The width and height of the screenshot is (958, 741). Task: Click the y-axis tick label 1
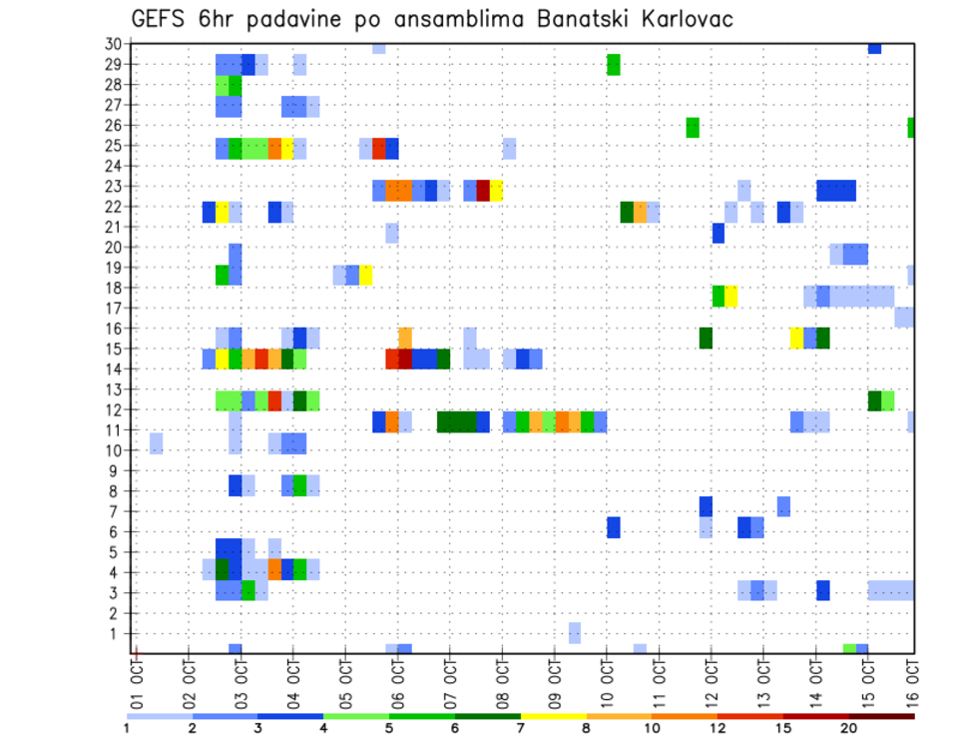click(x=117, y=633)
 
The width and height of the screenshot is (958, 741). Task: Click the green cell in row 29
click(x=614, y=64)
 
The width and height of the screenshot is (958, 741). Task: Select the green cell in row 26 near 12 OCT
click(x=693, y=127)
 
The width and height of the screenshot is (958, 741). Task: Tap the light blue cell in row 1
click(x=575, y=633)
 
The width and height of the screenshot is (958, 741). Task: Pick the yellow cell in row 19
click(x=366, y=275)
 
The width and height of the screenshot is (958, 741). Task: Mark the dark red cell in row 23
click(x=483, y=190)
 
